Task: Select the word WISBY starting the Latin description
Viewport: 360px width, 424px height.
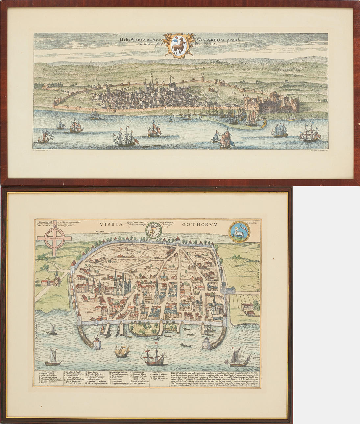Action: pos(176,373)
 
